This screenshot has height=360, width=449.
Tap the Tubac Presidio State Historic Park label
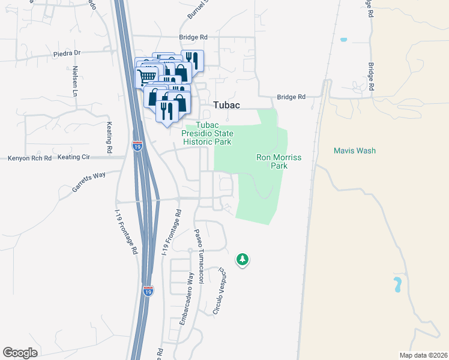(208, 133)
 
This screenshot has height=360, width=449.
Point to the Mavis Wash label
(355, 151)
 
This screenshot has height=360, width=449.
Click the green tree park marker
(243, 260)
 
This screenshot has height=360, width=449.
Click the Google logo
(20, 353)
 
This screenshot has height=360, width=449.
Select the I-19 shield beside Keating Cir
(137, 145)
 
